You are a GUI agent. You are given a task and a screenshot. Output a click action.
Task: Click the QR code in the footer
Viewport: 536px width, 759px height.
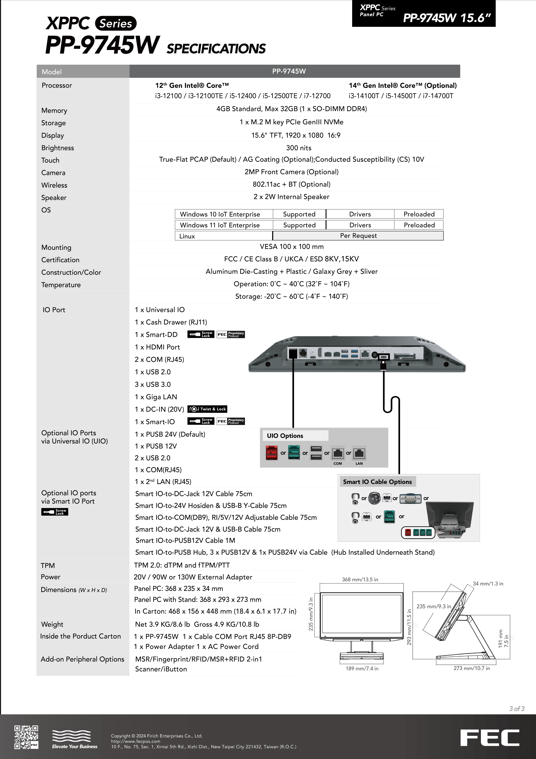pos(26,737)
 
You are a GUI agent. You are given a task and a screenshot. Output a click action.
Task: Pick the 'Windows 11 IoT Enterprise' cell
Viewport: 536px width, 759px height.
pos(220,225)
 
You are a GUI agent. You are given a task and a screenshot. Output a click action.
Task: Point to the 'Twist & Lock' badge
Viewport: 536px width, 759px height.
pos(207,409)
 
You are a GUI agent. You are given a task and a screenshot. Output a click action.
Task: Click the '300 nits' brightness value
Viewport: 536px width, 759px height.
pos(299,148)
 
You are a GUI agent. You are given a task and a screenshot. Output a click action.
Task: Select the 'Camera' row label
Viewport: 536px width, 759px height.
pos(53,173)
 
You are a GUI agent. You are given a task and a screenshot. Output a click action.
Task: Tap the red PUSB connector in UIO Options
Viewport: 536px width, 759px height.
pos(272,453)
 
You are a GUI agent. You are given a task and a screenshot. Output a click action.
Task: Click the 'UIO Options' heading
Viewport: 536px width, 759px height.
pos(285,436)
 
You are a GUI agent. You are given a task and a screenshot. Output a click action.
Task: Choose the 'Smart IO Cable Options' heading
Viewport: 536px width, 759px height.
pos(377,482)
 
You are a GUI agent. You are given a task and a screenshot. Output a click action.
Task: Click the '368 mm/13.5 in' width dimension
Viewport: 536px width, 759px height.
pos(360,579)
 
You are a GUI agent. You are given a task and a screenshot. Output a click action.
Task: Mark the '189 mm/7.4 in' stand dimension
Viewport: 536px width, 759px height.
pos(362,668)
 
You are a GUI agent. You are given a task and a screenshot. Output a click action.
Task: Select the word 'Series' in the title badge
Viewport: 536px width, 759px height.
pos(116,24)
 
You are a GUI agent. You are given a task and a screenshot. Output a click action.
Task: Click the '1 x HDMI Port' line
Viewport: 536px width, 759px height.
pos(157,347)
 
